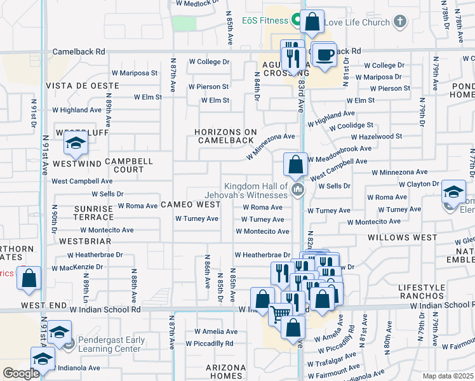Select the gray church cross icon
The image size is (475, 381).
pos(399,22)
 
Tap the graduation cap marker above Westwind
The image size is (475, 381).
pos(76,144)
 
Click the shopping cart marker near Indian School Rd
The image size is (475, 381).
pos(278,312)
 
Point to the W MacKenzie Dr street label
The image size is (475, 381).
pos(79,267)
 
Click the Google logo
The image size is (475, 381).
pos(21,373)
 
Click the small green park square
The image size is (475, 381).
pos(184,22)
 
